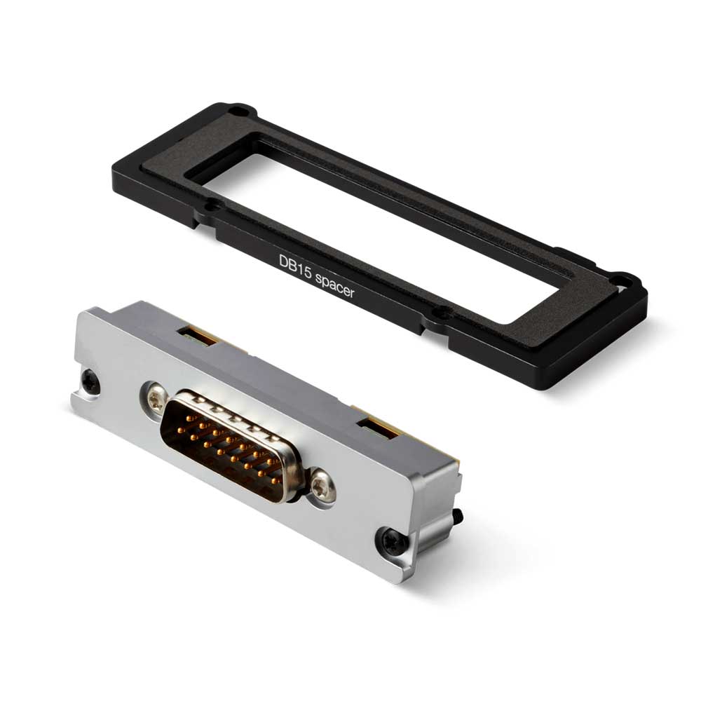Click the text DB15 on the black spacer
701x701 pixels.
point(295,267)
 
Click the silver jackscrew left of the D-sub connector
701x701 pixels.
point(156,400)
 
